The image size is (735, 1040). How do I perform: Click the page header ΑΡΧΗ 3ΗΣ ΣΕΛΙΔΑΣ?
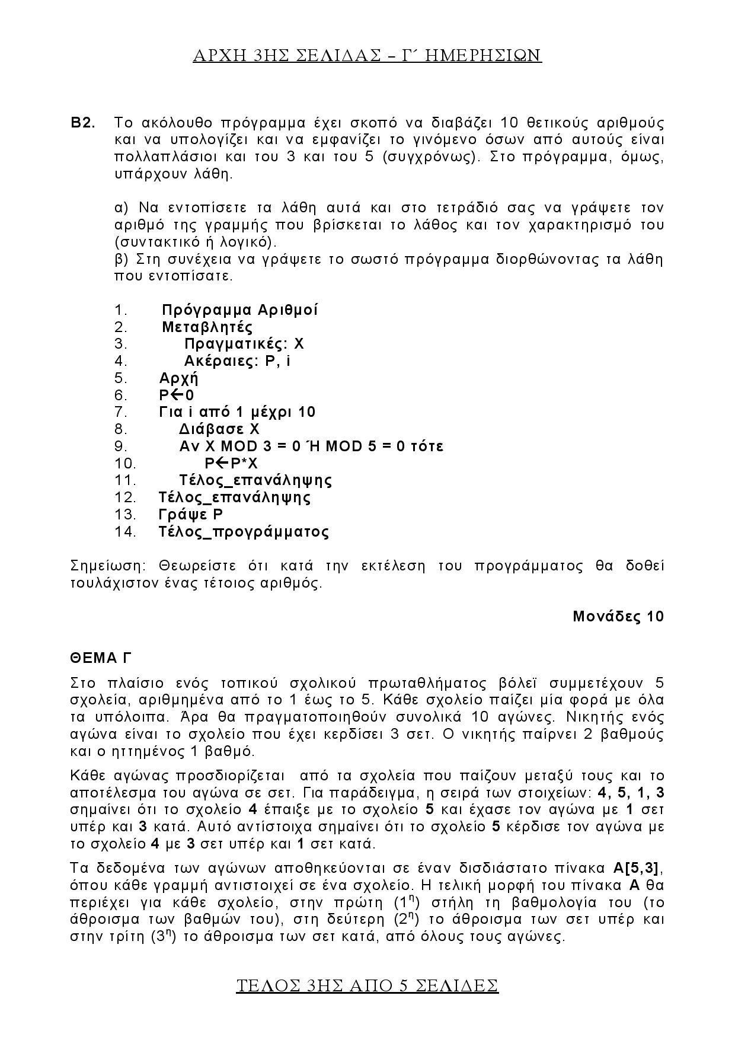(367, 55)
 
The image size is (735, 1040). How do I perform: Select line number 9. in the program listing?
(121, 446)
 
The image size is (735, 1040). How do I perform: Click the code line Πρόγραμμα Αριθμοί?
(239, 310)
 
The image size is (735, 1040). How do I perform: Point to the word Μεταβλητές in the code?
(207, 327)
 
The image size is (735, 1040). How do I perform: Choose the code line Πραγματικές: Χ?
(244, 344)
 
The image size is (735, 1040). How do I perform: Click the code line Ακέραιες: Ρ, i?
(237, 361)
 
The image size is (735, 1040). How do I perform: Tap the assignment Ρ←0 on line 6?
(176, 395)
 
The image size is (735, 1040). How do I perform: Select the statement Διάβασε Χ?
(219, 429)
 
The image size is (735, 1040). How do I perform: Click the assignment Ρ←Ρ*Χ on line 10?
(231, 463)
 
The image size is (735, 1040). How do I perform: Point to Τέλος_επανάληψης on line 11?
(255, 480)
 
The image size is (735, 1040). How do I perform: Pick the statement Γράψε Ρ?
(191, 514)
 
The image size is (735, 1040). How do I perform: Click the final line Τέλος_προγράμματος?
(244, 531)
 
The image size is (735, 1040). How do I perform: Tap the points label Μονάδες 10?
(618, 616)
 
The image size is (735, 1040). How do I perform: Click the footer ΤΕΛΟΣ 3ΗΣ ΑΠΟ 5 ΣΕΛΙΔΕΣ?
(367, 985)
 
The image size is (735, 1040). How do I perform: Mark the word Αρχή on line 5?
(178, 378)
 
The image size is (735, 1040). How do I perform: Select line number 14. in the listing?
(126, 531)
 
